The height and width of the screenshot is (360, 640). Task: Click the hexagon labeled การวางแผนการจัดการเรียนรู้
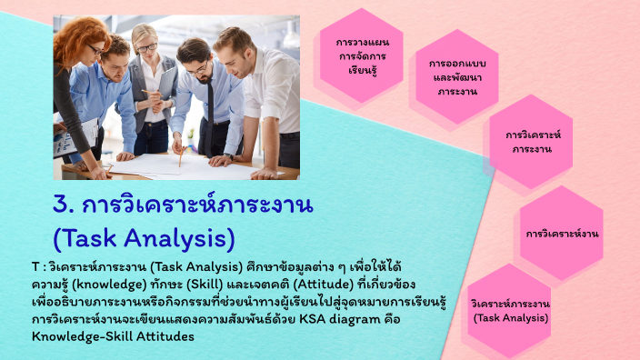click(361, 55)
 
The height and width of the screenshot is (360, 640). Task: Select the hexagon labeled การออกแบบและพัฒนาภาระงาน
click(457, 77)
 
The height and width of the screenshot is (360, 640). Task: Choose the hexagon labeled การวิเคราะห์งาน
click(561, 234)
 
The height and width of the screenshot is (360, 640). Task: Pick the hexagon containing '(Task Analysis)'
click(510, 309)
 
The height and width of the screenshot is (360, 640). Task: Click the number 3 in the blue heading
click(63, 203)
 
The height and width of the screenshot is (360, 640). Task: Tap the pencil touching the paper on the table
click(180, 156)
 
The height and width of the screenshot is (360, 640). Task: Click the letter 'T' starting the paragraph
click(35, 267)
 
